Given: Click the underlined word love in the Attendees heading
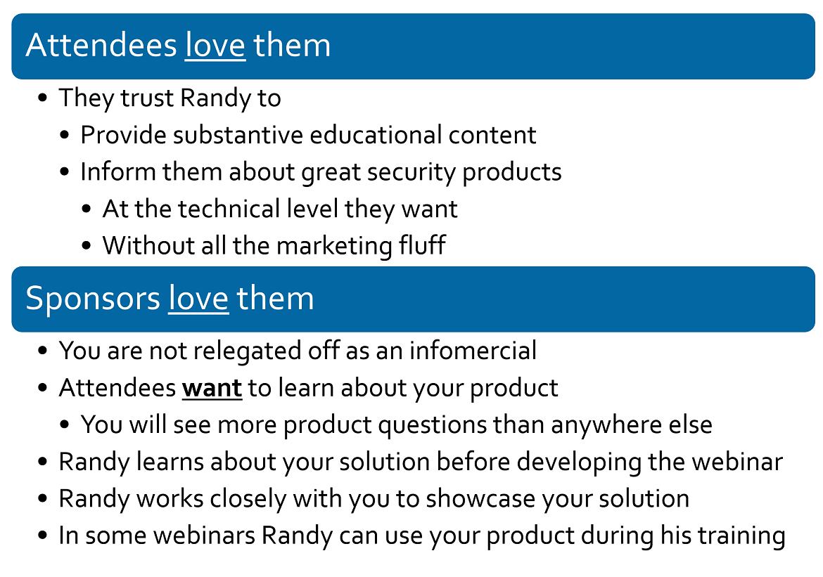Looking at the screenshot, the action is point(215,45).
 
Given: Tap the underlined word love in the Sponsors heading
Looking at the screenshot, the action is point(198,299).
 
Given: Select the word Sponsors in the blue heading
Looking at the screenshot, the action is point(93,299).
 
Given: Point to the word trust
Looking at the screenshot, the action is point(147,98).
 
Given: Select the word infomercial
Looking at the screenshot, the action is point(473,351).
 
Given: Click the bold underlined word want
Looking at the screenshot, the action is point(212,388).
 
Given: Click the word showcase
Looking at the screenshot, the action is point(480,499).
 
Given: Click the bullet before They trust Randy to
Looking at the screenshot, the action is point(43,98).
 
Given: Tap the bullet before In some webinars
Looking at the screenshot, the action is point(43,536).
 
